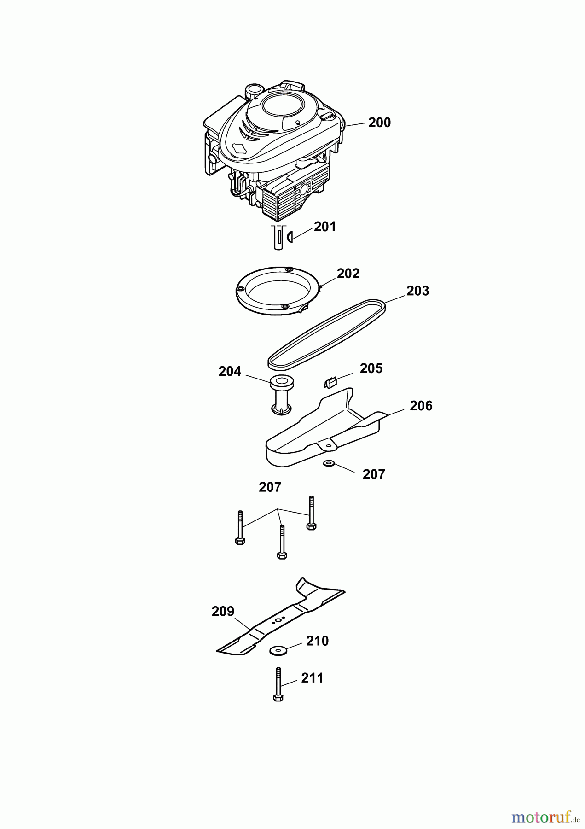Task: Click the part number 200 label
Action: tap(379, 123)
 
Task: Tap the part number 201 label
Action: tap(325, 227)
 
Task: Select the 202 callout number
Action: tap(348, 274)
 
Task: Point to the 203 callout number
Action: tap(417, 291)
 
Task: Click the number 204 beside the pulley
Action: tap(230, 372)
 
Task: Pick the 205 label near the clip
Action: tap(371, 368)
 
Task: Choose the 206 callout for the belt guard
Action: tap(421, 406)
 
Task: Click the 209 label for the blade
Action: tap(223, 611)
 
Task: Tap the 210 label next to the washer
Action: tap(317, 641)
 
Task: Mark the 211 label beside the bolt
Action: tap(312, 678)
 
